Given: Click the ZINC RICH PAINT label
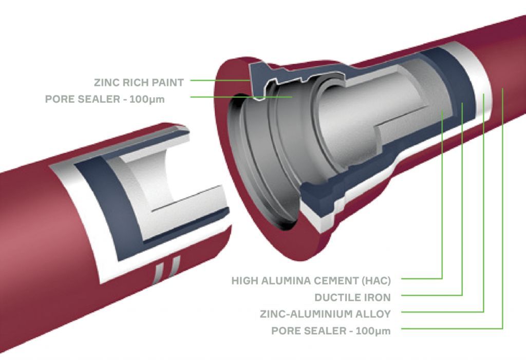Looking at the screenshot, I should click(139, 81).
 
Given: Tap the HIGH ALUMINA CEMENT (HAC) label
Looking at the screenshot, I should click(311, 281).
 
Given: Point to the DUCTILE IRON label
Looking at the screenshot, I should click(352, 297).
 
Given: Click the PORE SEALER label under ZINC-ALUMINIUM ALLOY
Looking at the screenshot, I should click(331, 331).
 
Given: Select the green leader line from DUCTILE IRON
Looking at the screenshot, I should click(462, 205).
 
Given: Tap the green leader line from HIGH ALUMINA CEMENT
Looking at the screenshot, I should click(442, 205).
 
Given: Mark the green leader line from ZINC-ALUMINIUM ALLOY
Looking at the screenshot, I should click(483, 205).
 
